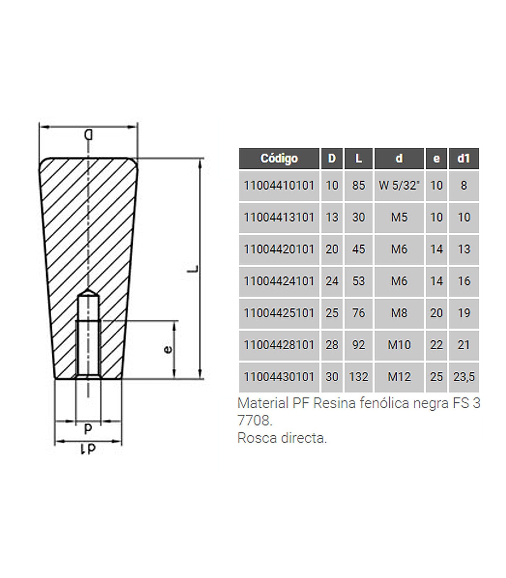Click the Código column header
(279, 159)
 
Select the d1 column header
(464, 159)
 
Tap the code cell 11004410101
(279, 186)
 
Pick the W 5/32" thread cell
(399, 186)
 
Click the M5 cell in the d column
(399, 217)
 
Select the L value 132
(358, 377)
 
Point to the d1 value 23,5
(464, 377)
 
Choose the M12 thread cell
(399, 377)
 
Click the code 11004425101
(279, 313)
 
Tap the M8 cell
(399, 313)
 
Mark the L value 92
(358, 345)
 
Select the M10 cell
(399, 345)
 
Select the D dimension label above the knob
(89, 135)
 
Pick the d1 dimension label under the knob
(88, 449)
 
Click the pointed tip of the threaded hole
(89, 291)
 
